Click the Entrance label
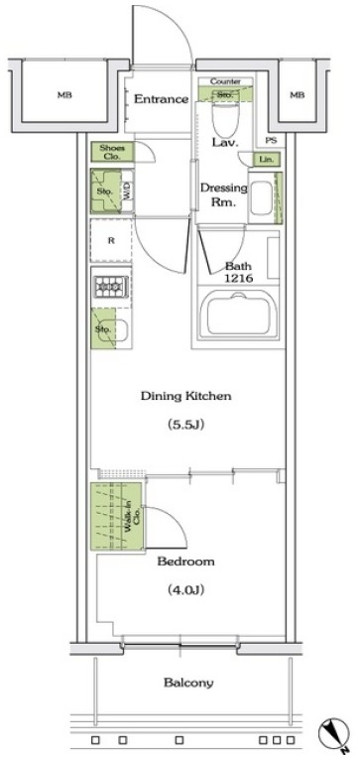(161, 99)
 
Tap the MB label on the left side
(63, 95)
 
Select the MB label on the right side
(297, 95)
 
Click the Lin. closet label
(266, 159)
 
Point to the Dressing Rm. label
(217, 194)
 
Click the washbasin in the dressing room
(261, 197)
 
